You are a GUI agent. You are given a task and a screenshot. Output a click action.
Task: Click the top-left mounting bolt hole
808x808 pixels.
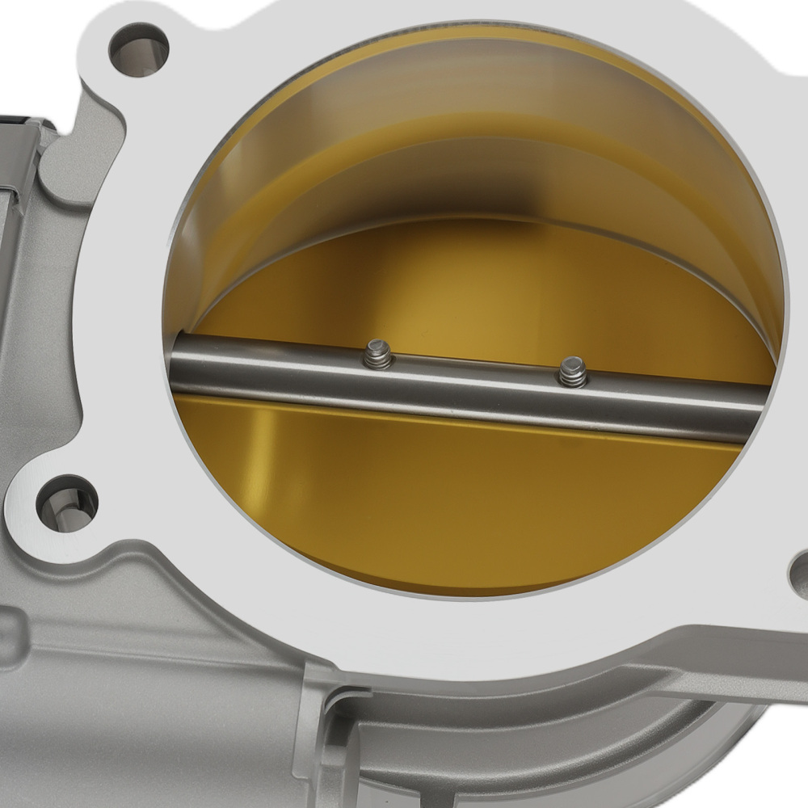pos(138,49)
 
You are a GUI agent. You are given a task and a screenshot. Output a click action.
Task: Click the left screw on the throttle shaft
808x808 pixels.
pos(377,354)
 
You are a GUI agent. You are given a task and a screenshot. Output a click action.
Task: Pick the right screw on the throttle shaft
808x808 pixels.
pos(573,372)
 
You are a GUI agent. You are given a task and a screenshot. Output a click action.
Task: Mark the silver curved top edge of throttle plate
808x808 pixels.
pos(485,227)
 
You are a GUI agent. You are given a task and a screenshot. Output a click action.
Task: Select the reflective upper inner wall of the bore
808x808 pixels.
pos(452,97)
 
